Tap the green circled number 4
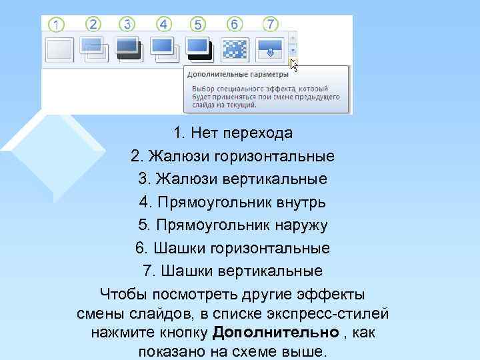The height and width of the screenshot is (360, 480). tap(163, 25)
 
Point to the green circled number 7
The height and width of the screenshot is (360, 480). tap(270, 24)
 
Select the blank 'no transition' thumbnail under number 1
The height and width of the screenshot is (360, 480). tap(59, 49)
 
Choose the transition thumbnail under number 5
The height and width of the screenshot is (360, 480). tap(199, 48)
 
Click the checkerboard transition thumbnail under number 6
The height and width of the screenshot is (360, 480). tap(234, 48)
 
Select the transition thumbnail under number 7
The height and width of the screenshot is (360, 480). tap(269, 48)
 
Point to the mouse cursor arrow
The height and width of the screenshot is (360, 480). tap(294, 65)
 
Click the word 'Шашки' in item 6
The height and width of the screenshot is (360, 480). tap(171, 249)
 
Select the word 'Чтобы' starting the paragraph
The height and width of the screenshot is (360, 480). tap(123, 294)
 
